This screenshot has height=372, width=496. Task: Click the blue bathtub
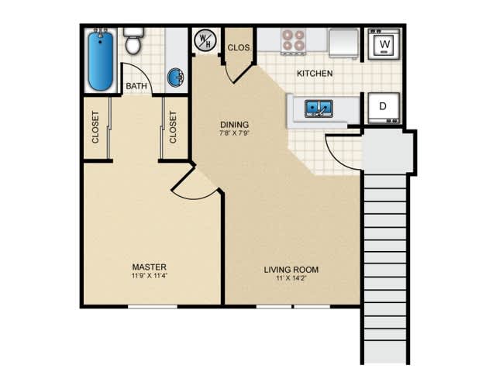click(101, 60)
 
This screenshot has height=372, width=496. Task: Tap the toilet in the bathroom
click(133, 41)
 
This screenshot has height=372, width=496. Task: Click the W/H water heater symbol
click(205, 40)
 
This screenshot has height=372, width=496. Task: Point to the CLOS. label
click(239, 48)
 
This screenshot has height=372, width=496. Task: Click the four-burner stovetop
click(294, 40)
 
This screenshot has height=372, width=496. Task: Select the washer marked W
click(384, 44)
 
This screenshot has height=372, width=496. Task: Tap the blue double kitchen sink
click(319, 108)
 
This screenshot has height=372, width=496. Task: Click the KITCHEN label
click(315, 74)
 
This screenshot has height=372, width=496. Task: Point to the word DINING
click(234, 124)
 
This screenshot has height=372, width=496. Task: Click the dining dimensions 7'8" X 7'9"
click(234, 133)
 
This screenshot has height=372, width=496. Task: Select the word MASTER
click(150, 267)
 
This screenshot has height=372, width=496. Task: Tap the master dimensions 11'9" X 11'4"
click(150, 276)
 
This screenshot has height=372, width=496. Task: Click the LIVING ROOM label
click(291, 270)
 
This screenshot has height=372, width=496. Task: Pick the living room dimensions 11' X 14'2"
click(291, 278)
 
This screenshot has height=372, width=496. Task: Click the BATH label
click(136, 86)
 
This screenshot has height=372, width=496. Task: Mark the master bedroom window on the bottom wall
click(153, 307)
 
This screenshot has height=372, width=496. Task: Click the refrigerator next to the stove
click(343, 43)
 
